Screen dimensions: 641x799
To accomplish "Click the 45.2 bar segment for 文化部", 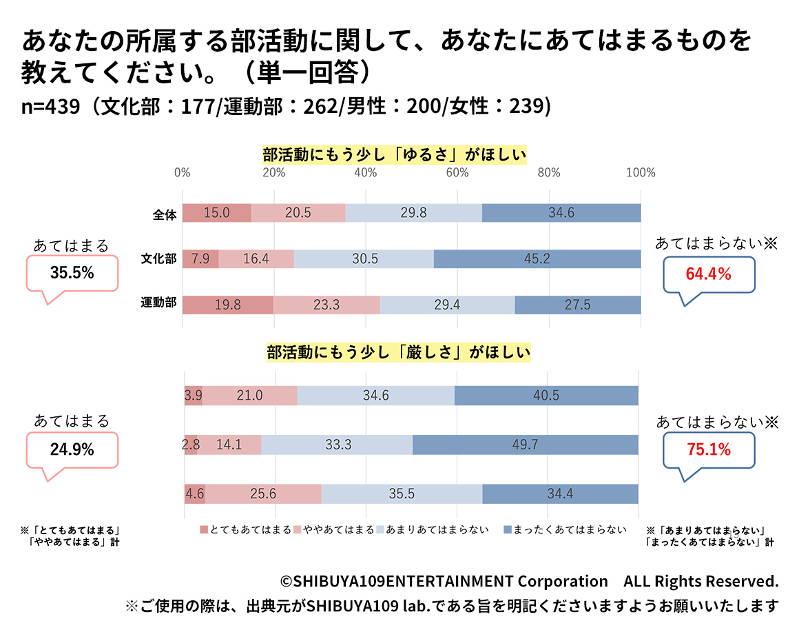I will tap(537, 259).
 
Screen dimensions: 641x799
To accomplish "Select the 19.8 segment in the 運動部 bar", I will tap(228, 305).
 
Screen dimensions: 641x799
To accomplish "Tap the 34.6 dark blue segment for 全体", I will tap(561, 213).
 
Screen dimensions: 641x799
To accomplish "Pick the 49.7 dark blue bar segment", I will tap(525, 445).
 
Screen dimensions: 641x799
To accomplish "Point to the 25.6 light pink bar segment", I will tap(263, 494).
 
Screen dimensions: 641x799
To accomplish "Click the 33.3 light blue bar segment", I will tap(337, 445).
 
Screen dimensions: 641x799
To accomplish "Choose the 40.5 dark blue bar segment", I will tap(546, 396).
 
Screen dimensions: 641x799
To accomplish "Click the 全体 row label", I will tap(165, 214).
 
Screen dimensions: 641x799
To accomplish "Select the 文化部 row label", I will tap(159, 260).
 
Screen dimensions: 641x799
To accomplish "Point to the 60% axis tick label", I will tap(457, 173).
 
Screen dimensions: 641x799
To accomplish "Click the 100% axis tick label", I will tap(640, 173).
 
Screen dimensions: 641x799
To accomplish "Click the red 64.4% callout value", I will tap(707, 274).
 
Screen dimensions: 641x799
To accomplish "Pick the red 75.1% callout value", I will tap(707, 450).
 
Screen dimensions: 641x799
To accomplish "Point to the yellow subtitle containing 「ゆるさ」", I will tap(395, 155).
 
